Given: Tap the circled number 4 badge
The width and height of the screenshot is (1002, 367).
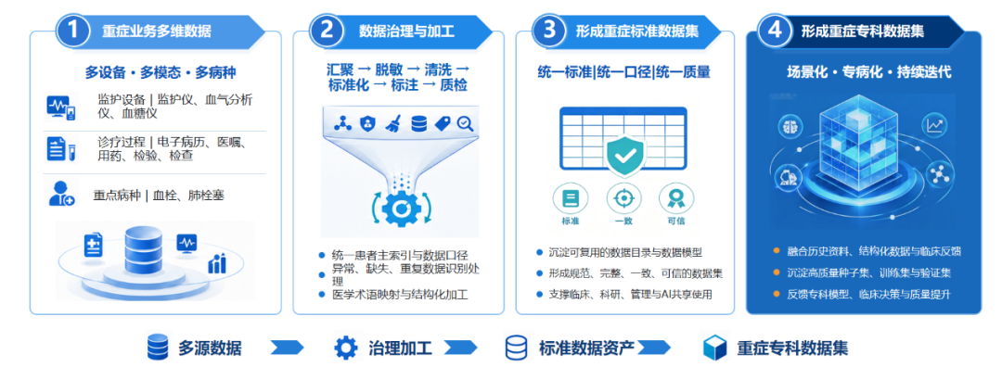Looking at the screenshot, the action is [x=774, y=32].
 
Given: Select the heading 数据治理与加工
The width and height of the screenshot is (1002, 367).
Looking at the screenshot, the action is [x=406, y=32].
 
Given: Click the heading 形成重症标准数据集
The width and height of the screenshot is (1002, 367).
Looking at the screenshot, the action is [x=636, y=32].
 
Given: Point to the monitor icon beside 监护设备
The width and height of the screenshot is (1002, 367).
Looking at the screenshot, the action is [x=60, y=106].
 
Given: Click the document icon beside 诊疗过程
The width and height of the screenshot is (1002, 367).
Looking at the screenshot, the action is [x=60, y=148].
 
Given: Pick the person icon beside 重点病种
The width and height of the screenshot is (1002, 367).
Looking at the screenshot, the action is [x=61, y=193].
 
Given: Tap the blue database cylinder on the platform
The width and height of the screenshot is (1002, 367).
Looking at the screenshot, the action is [x=143, y=250].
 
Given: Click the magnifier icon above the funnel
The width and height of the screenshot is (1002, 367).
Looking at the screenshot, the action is [x=465, y=123].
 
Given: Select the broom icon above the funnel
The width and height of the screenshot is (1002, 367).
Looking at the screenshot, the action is [x=392, y=124].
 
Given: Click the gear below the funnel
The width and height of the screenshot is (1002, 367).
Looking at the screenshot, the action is [x=402, y=209].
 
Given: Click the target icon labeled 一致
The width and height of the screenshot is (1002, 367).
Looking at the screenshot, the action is [x=623, y=199].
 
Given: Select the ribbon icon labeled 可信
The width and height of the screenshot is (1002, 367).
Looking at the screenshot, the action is [x=674, y=199].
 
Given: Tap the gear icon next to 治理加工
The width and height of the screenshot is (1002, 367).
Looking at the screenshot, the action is [x=346, y=348].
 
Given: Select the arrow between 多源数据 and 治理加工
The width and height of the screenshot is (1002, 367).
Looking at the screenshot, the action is [x=288, y=348].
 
